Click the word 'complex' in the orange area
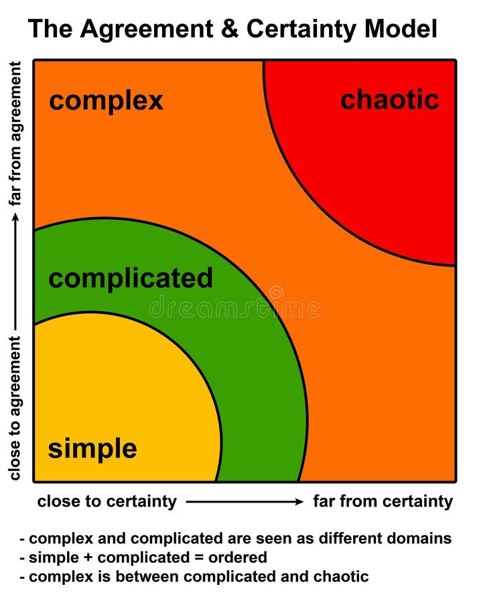[x=106, y=101]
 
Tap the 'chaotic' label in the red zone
[x=389, y=100]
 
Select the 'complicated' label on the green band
[x=131, y=278]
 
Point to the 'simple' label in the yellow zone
[x=92, y=448]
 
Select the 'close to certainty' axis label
[x=107, y=501]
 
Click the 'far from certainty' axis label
[x=383, y=501]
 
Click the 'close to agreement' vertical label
[x=15, y=408]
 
